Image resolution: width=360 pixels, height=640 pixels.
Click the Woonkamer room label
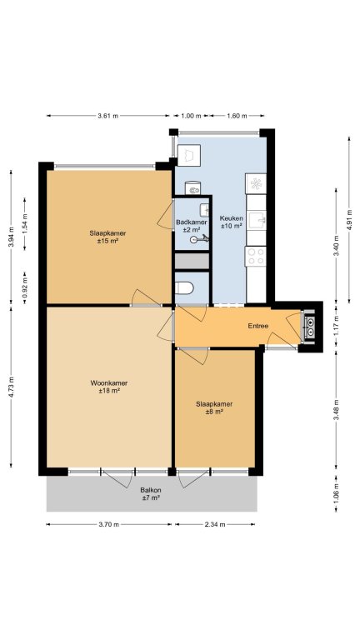coord(109,383)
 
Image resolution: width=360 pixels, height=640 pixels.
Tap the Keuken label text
coord(232,218)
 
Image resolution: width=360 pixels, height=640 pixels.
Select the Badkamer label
coord(192,222)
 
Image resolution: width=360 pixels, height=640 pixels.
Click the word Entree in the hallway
coord(258,326)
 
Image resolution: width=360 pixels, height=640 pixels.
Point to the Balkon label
coord(151,490)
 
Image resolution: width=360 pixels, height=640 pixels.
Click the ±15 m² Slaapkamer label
coord(107,237)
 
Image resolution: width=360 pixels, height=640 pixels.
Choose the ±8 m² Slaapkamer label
coord(214,408)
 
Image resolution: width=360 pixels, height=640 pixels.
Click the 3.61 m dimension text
coord(107,116)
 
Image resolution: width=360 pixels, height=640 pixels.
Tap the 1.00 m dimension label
coord(191,116)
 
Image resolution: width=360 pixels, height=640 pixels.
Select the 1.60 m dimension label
coord(237,116)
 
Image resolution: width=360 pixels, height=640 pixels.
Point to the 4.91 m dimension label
coord(349,220)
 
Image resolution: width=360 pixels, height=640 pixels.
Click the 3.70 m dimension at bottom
coord(108,525)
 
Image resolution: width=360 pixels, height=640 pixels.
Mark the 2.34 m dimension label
coord(215,525)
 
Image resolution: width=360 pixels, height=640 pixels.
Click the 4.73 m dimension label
coord(11,387)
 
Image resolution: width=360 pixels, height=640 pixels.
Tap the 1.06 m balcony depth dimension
coord(337,493)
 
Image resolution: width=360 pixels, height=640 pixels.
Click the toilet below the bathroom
coord(184,288)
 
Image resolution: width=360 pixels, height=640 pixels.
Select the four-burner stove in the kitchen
coord(256,257)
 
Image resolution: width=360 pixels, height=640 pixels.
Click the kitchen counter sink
coord(257,220)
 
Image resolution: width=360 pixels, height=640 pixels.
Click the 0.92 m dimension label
coord(24,287)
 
